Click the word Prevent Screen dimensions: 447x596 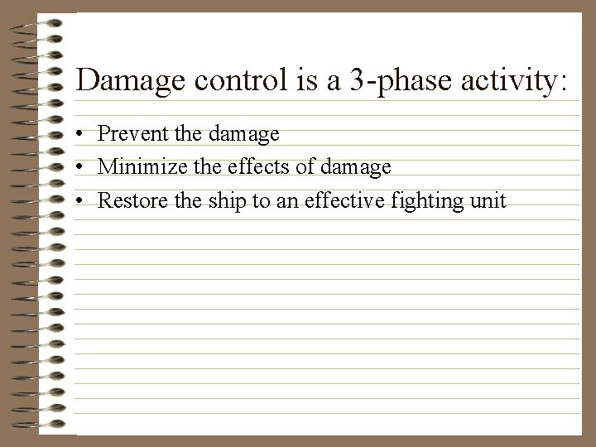(129, 133)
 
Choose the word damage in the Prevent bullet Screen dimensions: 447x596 (247, 133)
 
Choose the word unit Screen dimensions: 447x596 (488, 201)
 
